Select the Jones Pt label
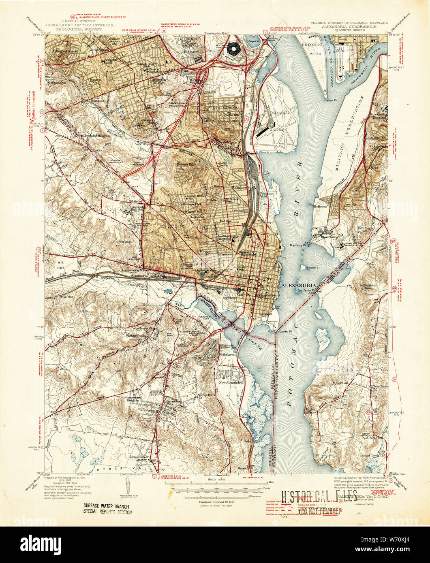pyautogui.click(x=286, y=331)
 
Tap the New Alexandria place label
pyautogui.click(x=231, y=382)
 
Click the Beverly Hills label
pyautogui.click(x=186, y=165)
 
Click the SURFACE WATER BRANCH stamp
pyautogui.click(x=108, y=505)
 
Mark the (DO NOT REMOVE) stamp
pyautogui.click(x=319, y=509)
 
